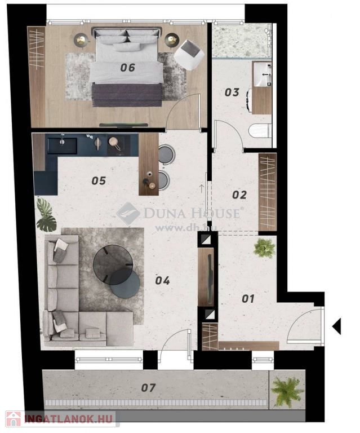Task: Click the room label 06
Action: pos(127,68)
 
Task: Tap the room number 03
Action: pos(232,92)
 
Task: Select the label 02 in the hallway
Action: pos(239,195)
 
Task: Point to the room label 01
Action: pos(248,298)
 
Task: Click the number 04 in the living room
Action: pos(162,281)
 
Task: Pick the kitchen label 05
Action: pos(99,181)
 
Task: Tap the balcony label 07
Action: pos(148,388)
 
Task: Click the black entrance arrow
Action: pos(336,326)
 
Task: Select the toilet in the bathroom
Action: pos(259,131)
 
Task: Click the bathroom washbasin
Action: pos(263,74)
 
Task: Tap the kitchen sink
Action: pos(62,146)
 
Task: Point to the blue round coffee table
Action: pos(125,284)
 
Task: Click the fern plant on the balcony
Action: pos(287,390)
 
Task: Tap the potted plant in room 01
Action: pos(265,248)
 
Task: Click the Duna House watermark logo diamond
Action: pos(128,213)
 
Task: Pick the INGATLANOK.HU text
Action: pos(68,419)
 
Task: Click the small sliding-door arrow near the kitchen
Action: pos(202,189)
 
